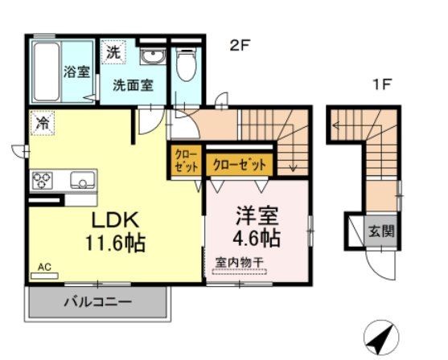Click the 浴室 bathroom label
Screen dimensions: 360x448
point(76,70)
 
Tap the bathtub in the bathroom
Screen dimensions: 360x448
point(46,70)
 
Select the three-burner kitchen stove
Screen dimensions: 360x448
point(42,180)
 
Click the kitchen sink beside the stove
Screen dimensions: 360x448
point(82,179)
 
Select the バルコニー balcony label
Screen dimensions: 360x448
point(97,302)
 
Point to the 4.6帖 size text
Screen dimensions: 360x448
point(257,239)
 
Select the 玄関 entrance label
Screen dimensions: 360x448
point(381,231)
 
